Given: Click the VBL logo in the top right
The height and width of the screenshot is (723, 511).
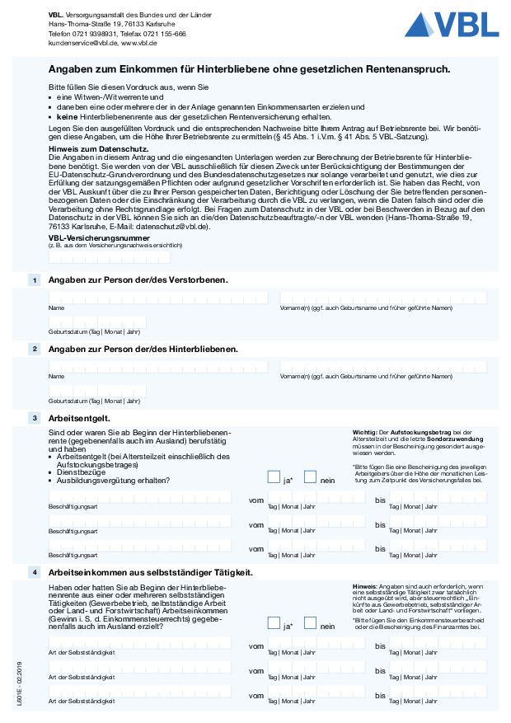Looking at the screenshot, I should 451,26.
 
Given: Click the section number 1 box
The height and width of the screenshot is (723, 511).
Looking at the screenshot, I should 35,280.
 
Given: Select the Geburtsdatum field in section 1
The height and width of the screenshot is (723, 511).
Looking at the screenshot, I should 97,322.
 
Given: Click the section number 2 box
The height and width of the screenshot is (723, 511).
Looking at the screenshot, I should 35,349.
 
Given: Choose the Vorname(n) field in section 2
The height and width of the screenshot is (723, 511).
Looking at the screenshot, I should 383,367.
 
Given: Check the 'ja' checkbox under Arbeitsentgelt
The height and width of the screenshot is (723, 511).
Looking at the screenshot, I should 274,477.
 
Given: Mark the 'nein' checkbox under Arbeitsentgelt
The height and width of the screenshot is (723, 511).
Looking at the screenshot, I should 311,477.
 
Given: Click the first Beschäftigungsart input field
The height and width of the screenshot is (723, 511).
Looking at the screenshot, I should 140,497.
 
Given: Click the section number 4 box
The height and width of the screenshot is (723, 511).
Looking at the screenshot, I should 35,572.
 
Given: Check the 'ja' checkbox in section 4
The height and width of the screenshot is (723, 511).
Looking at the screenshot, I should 274,623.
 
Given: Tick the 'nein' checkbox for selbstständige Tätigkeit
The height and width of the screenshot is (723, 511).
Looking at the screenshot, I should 311,623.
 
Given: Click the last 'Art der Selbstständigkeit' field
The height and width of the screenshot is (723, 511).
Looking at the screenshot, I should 140,693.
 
